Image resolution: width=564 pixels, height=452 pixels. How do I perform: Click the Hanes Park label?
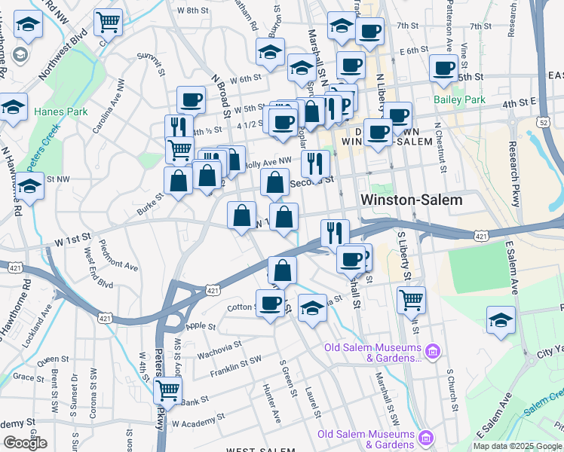(x=51, y=112)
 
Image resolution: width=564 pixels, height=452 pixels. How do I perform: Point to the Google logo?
(x=25, y=442)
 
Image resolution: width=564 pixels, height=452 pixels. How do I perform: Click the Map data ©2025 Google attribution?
(x=517, y=446)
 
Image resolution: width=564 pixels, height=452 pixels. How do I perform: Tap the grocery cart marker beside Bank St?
(x=167, y=391)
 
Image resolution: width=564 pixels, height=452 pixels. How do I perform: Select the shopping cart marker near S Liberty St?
(x=411, y=299)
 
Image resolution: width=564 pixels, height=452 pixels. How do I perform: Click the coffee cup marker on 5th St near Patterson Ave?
(x=443, y=69)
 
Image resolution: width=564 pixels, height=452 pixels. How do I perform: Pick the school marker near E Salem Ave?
(x=501, y=319)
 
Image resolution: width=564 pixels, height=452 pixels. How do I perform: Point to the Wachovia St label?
(x=219, y=349)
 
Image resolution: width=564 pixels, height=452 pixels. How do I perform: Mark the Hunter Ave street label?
(x=272, y=400)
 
